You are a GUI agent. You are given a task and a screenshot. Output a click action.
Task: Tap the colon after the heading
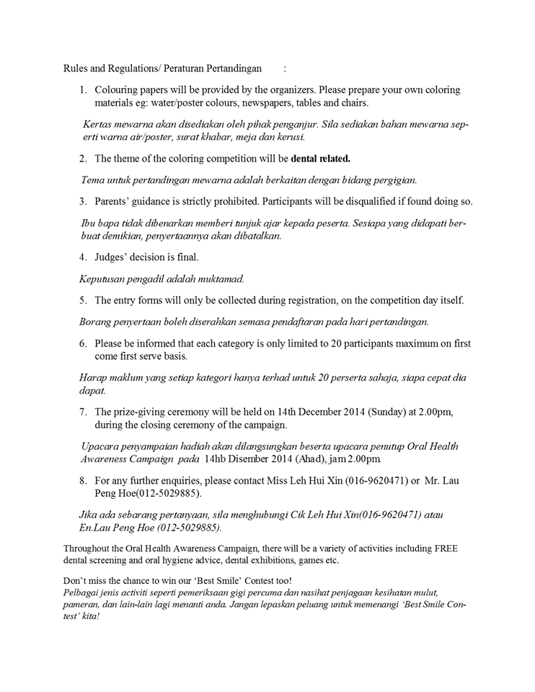pyautogui.click(x=285, y=69)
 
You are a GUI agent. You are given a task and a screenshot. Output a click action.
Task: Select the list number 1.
pyautogui.click(x=83, y=90)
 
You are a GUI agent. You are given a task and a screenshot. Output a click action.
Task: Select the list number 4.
pyautogui.click(x=83, y=257)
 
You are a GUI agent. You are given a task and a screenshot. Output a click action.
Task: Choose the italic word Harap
pyautogui.click(x=92, y=377)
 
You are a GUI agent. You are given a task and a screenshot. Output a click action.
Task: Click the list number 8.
pyautogui.click(x=83, y=480)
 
